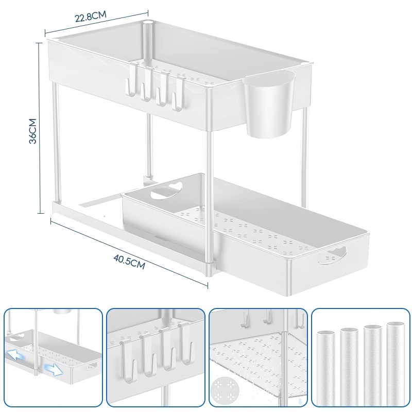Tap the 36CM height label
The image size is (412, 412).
[33, 131]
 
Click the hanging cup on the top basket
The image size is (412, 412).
[268, 104]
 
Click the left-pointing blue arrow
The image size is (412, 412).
[16, 356]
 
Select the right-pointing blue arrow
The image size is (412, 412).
[53, 369]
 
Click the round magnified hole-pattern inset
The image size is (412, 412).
[225, 389]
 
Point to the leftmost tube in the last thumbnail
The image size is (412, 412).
[326, 370]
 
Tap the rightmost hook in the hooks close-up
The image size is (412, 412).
[186, 344]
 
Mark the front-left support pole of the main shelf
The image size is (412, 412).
[57, 142]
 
